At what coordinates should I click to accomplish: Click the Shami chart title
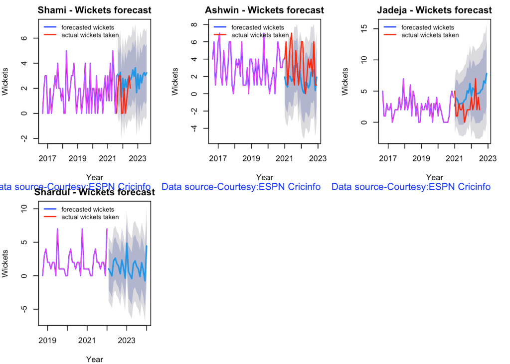coord(94,10)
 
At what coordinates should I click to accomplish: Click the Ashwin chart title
coord(264,10)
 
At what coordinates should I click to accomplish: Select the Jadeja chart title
coord(434,10)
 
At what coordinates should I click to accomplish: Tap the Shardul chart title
coord(94,192)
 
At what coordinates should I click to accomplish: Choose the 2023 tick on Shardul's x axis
coord(127,341)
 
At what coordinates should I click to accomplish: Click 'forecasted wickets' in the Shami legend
coord(87,27)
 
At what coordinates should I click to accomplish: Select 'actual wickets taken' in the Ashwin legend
coord(260,35)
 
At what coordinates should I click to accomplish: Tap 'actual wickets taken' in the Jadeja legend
coord(430,35)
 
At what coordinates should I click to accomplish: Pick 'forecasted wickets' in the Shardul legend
coord(87,209)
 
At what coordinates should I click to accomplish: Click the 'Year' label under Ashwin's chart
coord(264,177)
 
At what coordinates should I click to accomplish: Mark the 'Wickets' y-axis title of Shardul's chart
coord(6,263)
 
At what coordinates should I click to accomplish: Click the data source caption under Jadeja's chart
coord(411,187)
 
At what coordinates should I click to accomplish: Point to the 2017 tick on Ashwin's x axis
coord(218,159)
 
